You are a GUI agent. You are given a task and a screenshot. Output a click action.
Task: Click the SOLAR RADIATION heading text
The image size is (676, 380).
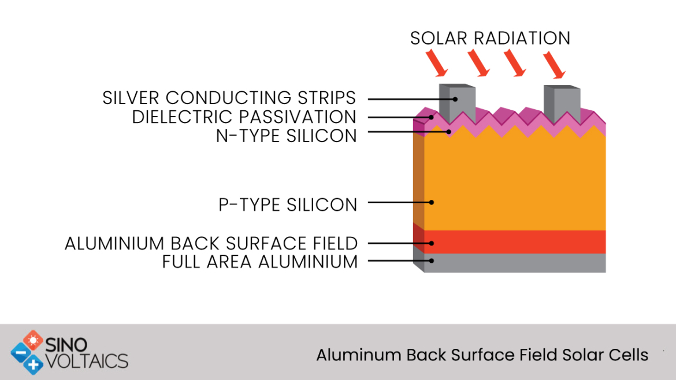[x=490, y=38]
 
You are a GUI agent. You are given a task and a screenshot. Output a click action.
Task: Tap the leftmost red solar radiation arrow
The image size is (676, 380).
[x=437, y=63]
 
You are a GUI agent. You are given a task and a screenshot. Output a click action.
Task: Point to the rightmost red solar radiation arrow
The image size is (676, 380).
[x=554, y=65]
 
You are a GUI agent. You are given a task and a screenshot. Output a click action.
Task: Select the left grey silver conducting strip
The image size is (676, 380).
[x=458, y=103]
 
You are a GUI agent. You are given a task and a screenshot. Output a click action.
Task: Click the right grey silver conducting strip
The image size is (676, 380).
[x=562, y=105]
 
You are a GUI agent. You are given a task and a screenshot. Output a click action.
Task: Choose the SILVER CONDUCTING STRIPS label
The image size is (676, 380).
[x=229, y=98]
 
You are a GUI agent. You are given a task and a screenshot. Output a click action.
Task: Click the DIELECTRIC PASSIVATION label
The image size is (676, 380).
[x=244, y=117]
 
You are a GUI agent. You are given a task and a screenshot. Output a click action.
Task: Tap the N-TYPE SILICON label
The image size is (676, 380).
[x=286, y=136]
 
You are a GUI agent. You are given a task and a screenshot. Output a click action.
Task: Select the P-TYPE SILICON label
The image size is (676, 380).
[x=288, y=204]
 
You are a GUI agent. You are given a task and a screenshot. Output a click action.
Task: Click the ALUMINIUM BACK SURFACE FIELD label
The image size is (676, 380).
[x=211, y=244]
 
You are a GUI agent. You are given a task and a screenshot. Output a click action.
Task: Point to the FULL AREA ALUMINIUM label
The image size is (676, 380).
[x=260, y=262]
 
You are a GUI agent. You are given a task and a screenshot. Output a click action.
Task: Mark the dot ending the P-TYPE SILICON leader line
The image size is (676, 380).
[x=432, y=203]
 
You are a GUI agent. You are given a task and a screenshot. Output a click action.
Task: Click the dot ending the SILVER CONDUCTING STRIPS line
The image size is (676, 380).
[x=455, y=99]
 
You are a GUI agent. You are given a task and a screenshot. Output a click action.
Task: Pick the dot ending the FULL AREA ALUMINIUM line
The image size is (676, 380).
[x=432, y=260]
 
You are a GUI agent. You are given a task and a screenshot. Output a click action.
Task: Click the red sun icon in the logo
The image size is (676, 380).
[x=33, y=340]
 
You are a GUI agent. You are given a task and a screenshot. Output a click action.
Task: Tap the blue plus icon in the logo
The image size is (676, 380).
[x=33, y=365]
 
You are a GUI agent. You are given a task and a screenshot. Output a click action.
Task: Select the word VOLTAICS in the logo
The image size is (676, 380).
[x=87, y=361]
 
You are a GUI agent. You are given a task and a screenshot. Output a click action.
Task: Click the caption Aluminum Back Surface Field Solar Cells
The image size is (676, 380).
[x=482, y=355]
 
